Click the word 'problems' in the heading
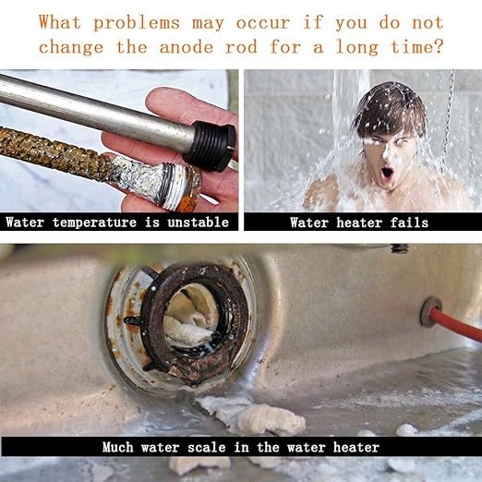[x=137, y=23]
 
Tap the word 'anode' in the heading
[x=187, y=47]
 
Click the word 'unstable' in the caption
[x=199, y=222]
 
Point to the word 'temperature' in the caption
[x=94, y=223]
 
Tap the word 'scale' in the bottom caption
[x=207, y=447]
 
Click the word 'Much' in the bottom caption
[x=118, y=447]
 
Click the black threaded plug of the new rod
[x=211, y=144]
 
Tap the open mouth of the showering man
[x=386, y=174]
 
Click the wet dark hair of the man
[x=391, y=108]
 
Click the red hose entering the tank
[x=456, y=327]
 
